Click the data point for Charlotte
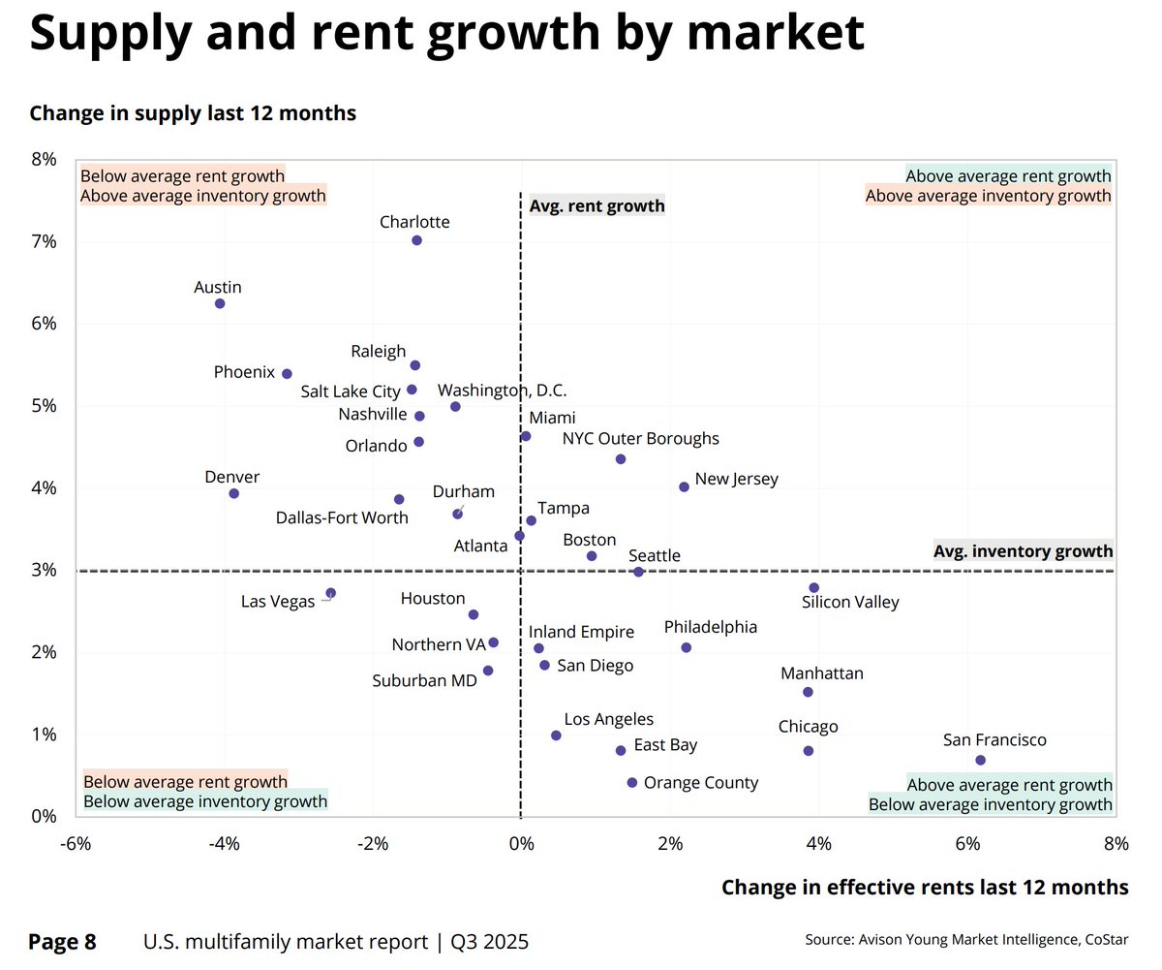[416, 240]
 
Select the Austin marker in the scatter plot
[220, 303]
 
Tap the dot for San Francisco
[981, 760]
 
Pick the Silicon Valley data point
[813, 588]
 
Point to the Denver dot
[233, 493]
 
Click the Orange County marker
[632, 782]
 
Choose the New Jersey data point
[684, 486]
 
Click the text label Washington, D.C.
[502, 391]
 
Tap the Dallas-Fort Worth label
[342, 517]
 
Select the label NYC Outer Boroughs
[641, 438]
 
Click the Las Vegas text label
[278, 602]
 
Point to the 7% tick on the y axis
[44, 241]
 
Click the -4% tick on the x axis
[224, 844]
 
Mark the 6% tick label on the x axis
[967, 844]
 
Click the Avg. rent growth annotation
[596, 205]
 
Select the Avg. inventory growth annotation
[1023, 551]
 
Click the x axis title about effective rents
[925, 887]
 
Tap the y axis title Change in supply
[193, 113]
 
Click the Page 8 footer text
[63, 941]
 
